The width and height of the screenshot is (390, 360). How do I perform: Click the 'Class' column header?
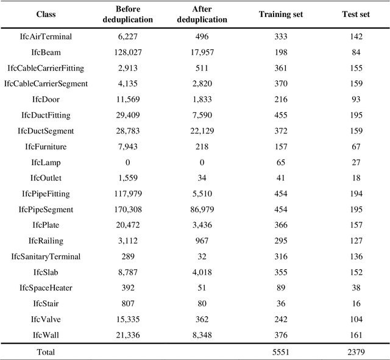[x=46, y=13]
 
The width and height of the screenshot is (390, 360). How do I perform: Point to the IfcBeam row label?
[x=46, y=52]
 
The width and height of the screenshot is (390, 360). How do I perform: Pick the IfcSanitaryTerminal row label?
[x=46, y=256]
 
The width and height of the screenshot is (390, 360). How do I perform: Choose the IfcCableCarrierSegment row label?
[x=46, y=83]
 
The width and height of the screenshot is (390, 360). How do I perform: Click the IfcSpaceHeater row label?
[x=46, y=288]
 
